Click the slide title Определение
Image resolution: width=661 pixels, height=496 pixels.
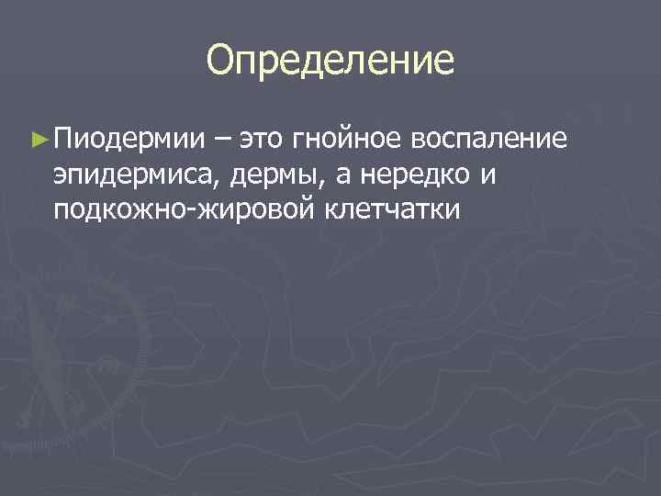(330, 61)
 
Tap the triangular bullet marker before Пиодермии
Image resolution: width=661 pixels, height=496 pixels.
(38, 140)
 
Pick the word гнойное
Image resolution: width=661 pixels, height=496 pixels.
(349, 140)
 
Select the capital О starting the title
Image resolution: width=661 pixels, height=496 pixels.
(221, 61)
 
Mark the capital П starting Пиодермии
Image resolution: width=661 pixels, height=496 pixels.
(62, 140)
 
